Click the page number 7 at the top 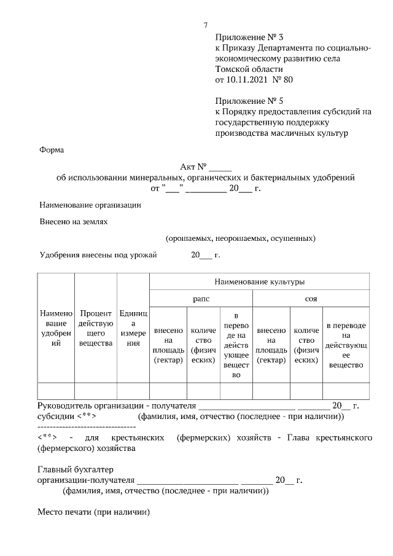point(206,25)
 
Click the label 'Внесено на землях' point(74,222)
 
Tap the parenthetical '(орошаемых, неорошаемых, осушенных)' point(240,238)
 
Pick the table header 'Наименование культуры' point(259,282)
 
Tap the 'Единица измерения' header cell point(133,329)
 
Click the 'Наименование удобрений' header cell point(56,329)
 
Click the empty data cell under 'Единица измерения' point(133,391)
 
